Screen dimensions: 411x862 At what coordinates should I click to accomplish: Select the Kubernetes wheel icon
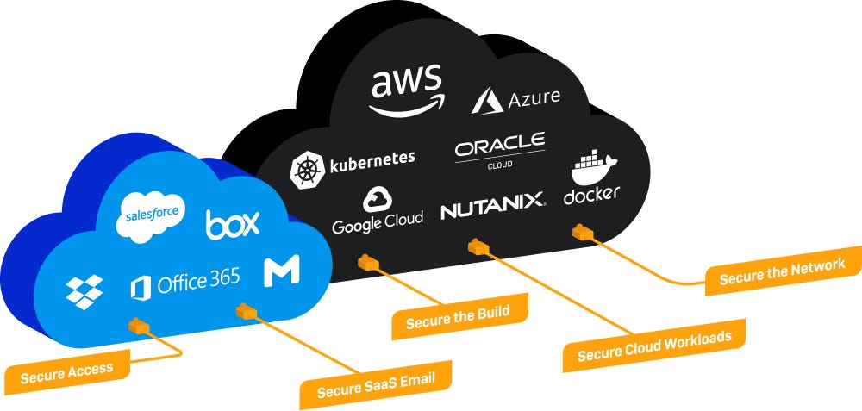pyautogui.click(x=306, y=169)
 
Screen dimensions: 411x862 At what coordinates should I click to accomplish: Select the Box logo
pyautogui.click(x=233, y=224)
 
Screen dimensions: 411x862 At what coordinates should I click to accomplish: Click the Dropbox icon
pyautogui.click(x=84, y=291)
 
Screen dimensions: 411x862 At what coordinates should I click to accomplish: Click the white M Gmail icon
pyautogui.click(x=281, y=271)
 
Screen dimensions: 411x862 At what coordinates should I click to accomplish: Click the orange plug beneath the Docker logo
pyautogui.click(x=584, y=231)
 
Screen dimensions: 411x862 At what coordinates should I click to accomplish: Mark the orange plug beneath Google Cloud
pyautogui.click(x=368, y=260)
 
